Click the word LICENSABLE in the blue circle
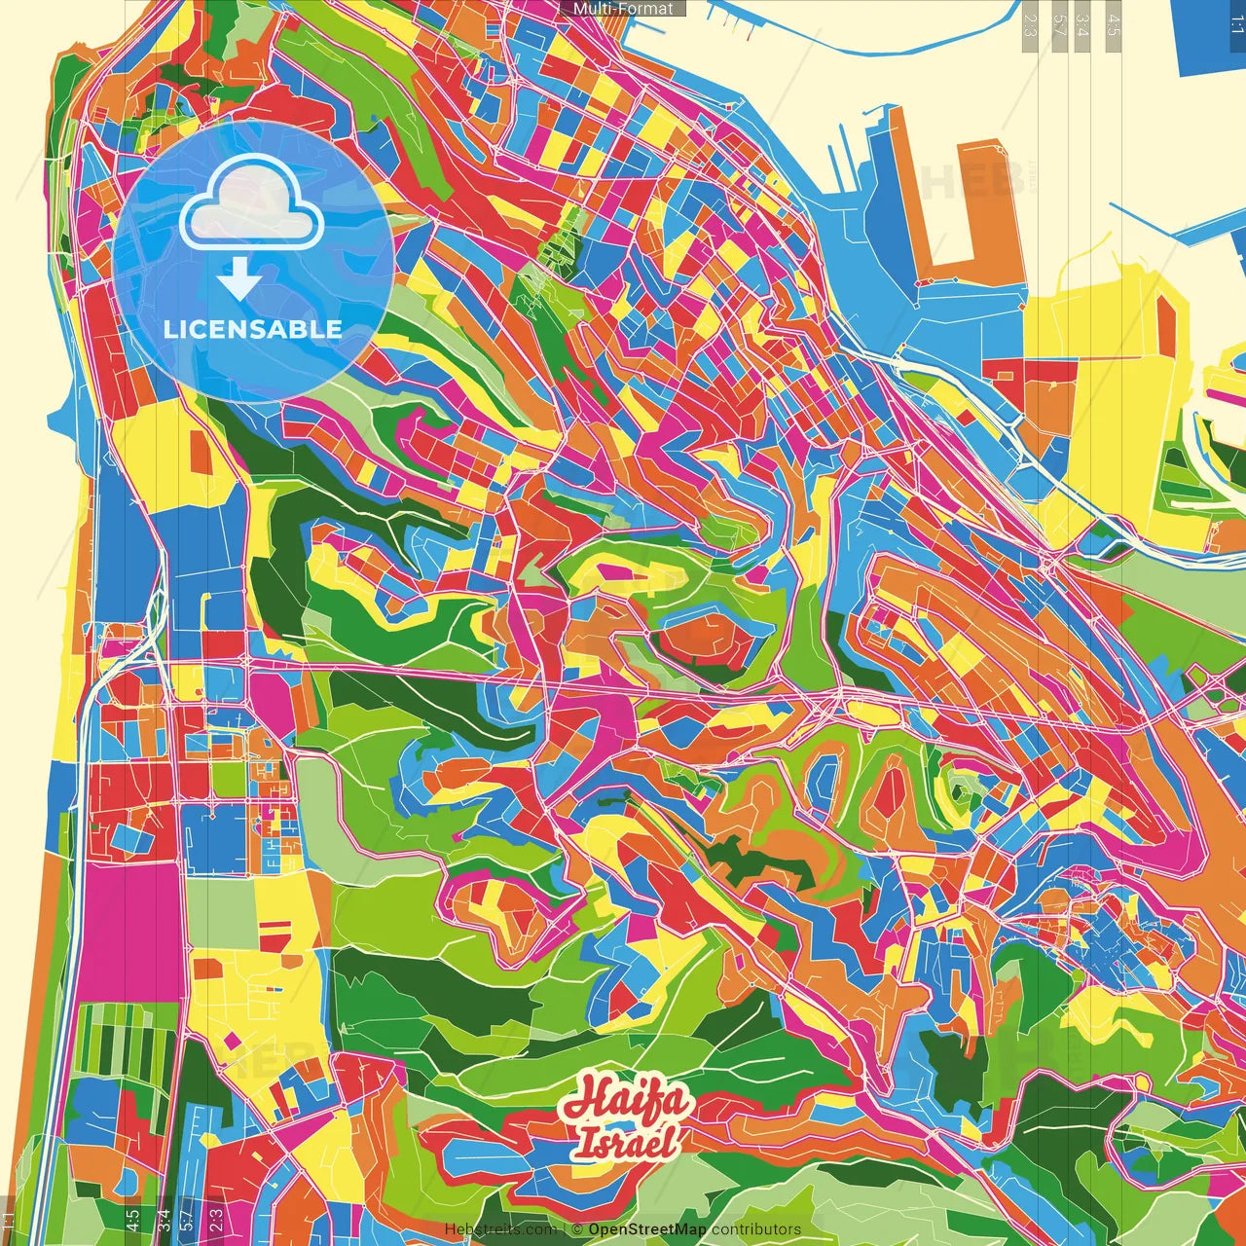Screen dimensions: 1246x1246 pos(253,329)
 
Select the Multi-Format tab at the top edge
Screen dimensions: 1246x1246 pos(623,9)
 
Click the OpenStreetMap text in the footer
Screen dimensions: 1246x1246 pos(647,1229)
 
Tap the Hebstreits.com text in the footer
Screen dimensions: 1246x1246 pos(500,1229)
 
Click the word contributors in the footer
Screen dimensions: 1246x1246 pos(756,1229)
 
